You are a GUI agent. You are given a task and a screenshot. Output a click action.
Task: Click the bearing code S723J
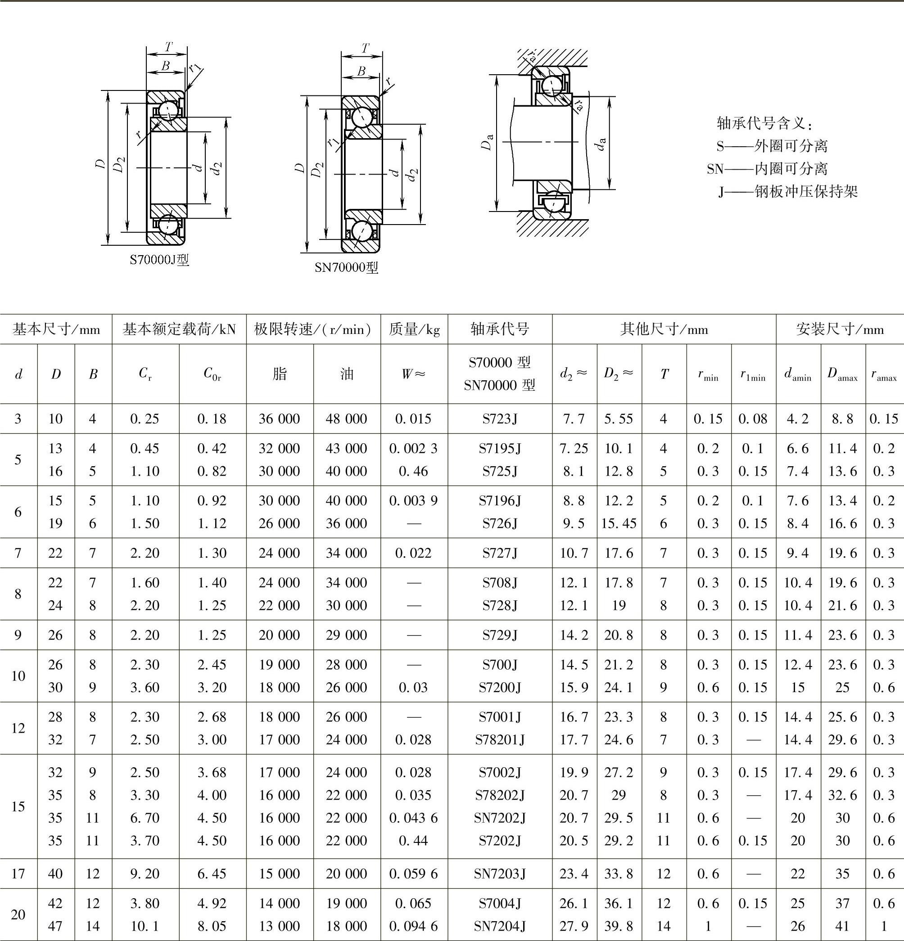point(500,419)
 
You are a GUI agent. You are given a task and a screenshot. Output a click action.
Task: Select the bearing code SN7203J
point(500,873)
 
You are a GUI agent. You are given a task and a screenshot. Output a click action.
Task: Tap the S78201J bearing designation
point(500,739)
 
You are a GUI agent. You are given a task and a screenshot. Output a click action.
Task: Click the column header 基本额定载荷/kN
point(179,329)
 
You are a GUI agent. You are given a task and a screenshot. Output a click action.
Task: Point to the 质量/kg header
point(414,329)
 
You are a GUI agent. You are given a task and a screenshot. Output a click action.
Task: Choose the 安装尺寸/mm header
point(840,329)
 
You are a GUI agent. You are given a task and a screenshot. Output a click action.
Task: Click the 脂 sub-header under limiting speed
point(280,374)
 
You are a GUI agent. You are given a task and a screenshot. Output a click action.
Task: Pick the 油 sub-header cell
point(347,374)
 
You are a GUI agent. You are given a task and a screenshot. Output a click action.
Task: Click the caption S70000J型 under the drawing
point(159,260)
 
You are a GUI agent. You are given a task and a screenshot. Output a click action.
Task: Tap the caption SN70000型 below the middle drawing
point(346,267)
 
